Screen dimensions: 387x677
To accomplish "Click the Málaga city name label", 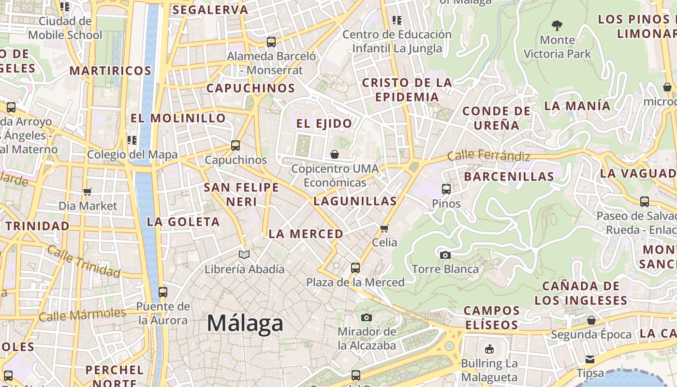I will [245, 323].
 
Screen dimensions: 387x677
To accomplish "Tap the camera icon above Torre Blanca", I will [445, 255].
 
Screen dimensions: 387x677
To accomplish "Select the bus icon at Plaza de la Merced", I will [355, 268].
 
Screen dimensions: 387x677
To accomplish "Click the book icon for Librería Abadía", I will [245, 254].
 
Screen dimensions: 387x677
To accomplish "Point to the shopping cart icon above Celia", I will [384, 228].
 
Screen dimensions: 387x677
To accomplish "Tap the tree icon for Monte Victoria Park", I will [557, 25].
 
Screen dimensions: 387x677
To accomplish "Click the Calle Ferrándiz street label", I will [488, 156].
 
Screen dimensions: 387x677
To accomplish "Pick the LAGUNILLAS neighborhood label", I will [355, 201].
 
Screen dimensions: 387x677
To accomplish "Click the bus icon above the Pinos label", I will [446, 189].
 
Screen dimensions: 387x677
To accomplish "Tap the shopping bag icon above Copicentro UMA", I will [335, 154].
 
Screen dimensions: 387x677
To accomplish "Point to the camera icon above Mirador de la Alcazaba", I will [367, 317].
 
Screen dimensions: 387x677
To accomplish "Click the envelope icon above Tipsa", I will [590, 359].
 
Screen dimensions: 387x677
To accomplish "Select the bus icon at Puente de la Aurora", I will [163, 292].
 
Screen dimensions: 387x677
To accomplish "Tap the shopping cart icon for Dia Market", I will [88, 192].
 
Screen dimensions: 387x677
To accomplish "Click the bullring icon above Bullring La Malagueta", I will [489, 349].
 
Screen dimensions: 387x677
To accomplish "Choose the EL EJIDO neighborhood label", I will [324, 123].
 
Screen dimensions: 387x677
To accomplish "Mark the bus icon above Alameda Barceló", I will [271, 42].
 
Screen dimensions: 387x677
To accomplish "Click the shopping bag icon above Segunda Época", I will [591, 320].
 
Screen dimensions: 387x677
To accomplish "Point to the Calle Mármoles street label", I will [82, 315].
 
